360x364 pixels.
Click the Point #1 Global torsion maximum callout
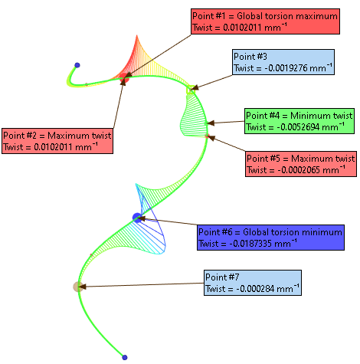tap(265, 21)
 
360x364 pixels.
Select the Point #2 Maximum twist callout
tap(57, 141)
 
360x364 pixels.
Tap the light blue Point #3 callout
tap(283, 62)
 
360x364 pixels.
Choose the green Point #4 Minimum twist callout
tap(299, 121)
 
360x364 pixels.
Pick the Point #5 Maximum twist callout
tap(301, 164)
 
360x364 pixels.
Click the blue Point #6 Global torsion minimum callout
tap(270, 238)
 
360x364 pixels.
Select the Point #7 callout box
tap(253, 283)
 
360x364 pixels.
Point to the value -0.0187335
tap(250, 244)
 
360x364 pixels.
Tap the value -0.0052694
tap(298, 127)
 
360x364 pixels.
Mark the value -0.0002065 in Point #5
tap(299, 170)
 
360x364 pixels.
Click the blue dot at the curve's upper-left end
tap(77, 65)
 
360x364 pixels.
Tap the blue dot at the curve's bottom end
tap(125, 357)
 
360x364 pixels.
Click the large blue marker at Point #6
tap(137, 218)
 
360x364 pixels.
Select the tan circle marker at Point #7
tap(78, 287)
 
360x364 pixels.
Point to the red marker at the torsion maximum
tap(124, 78)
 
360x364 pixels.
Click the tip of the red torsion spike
tap(137, 35)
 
